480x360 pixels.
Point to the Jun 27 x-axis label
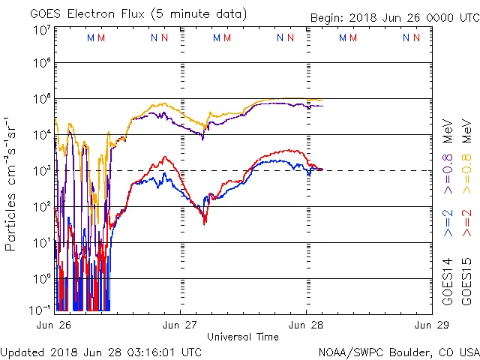tap(180, 325)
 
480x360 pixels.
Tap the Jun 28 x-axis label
tap(306, 325)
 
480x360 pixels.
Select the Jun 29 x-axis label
tap(430, 325)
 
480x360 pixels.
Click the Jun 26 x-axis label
tap(54, 325)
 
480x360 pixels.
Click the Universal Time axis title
tap(242, 337)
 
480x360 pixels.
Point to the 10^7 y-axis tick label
tap(41, 30)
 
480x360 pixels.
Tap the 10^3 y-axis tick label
tap(41, 171)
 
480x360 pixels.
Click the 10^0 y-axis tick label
tap(41, 278)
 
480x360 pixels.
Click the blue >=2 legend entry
tap(448, 223)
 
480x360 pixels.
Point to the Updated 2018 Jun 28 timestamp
tap(101, 351)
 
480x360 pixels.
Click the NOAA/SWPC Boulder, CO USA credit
tap(398, 351)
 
